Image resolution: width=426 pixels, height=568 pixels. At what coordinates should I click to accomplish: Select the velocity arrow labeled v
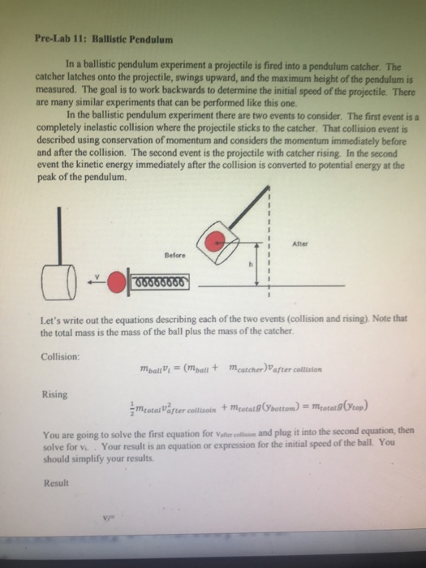(x=97, y=280)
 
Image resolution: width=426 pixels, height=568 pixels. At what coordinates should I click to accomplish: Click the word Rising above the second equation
(x=54, y=395)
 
